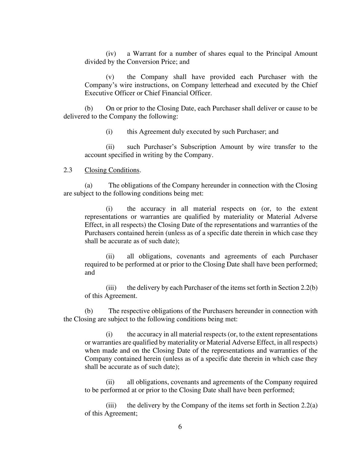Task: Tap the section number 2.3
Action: (x=68, y=170)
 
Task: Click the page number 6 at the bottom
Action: (x=180, y=427)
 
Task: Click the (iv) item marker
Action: (x=111, y=54)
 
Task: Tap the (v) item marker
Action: (x=110, y=77)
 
